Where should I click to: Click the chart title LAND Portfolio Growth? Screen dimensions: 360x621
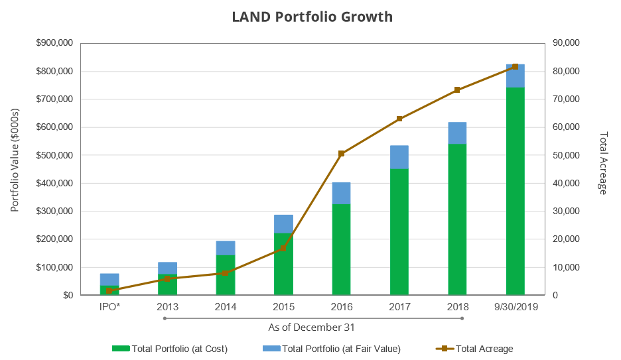click(312, 17)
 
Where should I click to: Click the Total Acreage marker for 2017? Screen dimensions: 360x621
click(399, 119)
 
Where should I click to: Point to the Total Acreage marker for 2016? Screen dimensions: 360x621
click(341, 154)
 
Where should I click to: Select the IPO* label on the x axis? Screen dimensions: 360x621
click(109, 307)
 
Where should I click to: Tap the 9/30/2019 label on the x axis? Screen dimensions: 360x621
click(516, 307)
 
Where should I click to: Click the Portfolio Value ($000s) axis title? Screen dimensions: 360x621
click(15, 168)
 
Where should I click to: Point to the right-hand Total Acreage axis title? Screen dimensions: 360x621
click(603, 162)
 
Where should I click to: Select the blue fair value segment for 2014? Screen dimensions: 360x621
click(225, 248)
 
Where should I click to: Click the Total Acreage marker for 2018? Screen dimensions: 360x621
click(457, 90)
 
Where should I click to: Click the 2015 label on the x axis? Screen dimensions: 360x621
click(283, 307)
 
